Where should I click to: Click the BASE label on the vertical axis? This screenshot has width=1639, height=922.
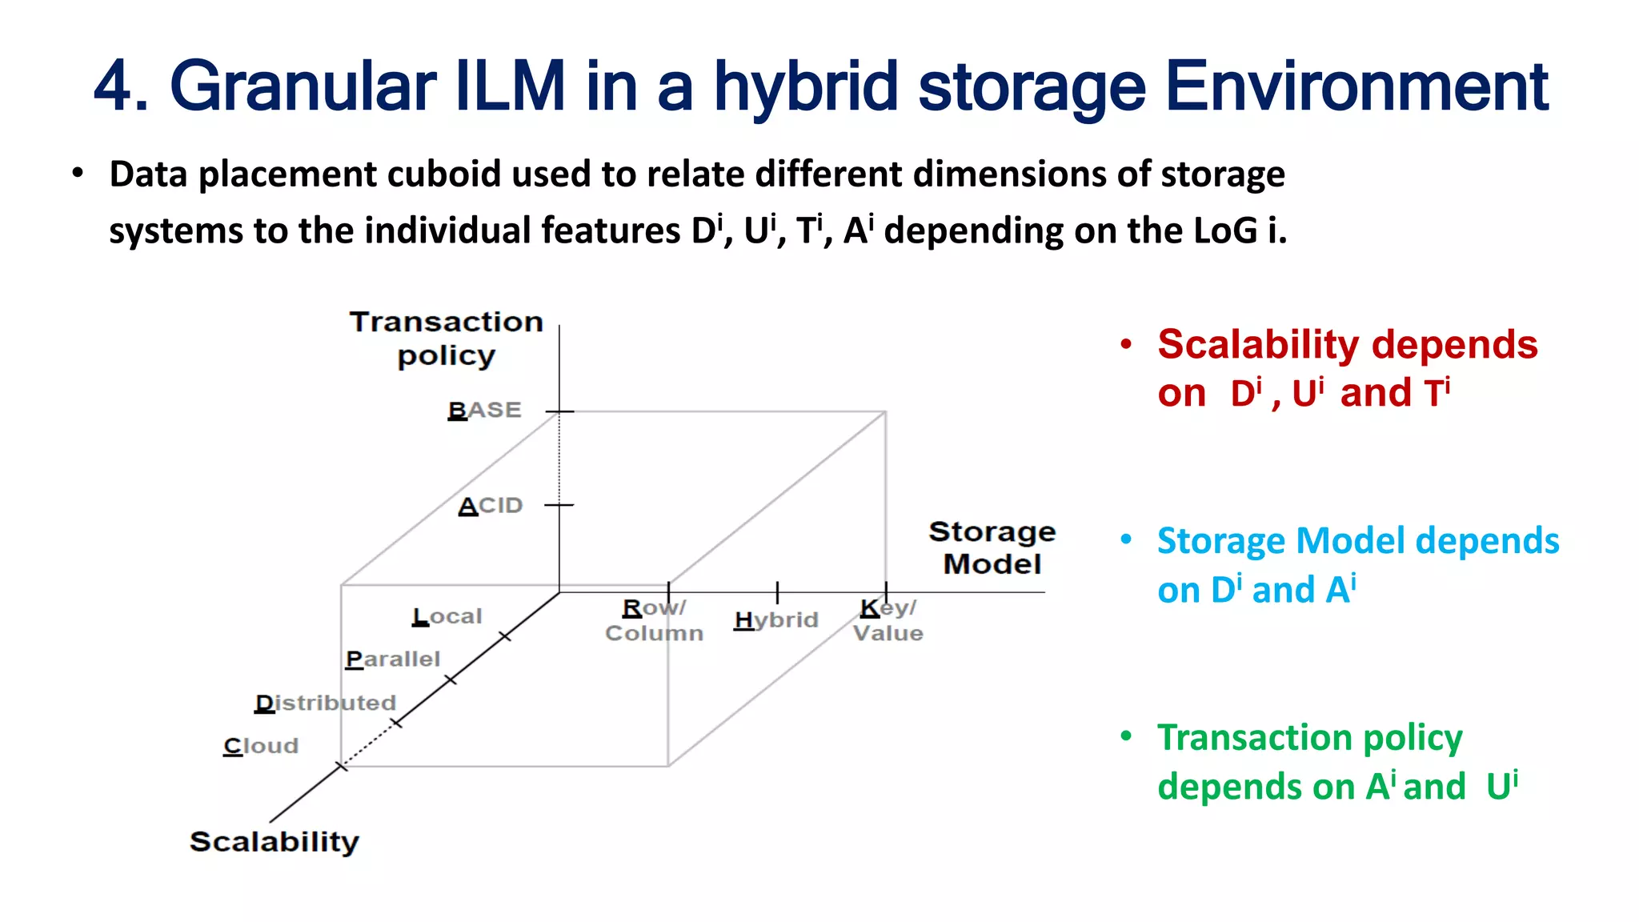pos(485,411)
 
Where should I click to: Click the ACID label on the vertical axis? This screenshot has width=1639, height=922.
pos(491,506)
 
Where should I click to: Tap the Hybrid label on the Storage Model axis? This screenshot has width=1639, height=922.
pos(775,620)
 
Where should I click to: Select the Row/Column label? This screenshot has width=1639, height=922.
pos(654,620)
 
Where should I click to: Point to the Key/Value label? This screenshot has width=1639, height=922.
pos(888,620)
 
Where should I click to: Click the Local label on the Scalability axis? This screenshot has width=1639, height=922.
pos(447,616)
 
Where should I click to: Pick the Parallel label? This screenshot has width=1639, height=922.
pos(393,659)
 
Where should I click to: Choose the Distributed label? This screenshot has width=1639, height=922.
pos(326,703)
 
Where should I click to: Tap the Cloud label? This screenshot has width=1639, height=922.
pos(261,746)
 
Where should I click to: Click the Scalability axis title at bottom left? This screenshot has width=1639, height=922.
pos(275,842)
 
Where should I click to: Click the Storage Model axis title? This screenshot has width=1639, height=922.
pos(992,547)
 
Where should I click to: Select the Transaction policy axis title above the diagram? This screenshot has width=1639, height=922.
pos(447,338)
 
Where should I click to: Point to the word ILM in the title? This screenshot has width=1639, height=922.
pos(511,86)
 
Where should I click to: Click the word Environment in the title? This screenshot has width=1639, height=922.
pos(1356,86)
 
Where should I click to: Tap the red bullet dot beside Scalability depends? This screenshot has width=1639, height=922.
pos(1127,345)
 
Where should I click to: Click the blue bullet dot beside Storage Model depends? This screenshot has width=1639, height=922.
pos(1127,540)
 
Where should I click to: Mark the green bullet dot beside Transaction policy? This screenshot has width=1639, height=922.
pos(1127,736)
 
